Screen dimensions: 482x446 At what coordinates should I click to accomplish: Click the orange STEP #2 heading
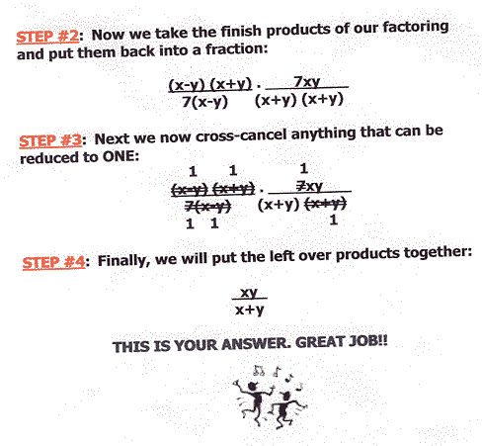coord(47,36)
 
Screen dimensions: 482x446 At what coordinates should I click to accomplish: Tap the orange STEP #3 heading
coord(50,140)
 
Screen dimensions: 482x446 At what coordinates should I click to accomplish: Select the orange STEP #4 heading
coord(53,263)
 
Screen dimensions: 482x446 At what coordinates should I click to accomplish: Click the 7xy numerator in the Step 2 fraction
coord(306,81)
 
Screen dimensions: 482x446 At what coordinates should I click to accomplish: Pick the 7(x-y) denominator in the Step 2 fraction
coord(204,102)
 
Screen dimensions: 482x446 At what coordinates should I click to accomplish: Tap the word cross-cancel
coord(241,135)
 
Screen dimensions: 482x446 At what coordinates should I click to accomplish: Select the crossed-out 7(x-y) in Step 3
coord(207,207)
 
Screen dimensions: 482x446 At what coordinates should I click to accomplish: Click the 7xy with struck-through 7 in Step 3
coord(309,186)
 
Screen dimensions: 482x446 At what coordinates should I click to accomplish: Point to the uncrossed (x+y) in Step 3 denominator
coord(279,205)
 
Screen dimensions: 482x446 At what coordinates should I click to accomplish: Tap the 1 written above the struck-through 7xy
coord(303,168)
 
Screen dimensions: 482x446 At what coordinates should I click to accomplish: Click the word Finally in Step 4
coord(121,261)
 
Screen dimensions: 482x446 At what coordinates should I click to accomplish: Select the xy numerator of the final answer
coord(249,293)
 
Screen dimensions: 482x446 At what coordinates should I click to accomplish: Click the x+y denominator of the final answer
coord(250,310)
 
